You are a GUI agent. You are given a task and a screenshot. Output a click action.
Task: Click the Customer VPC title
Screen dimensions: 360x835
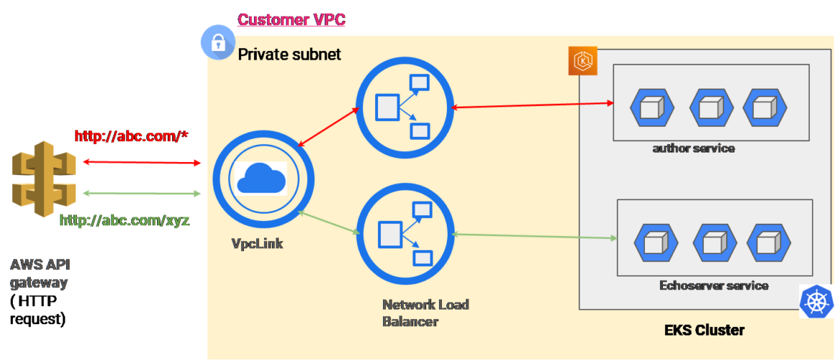point(292,19)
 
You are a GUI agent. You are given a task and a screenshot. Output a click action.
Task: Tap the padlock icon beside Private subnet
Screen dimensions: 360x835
point(217,43)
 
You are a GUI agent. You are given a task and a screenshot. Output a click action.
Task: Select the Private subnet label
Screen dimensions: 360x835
point(289,54)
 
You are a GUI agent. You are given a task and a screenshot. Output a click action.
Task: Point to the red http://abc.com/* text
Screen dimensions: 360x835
point(132,136)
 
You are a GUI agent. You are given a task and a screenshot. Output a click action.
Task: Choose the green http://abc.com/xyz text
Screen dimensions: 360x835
point(125,220)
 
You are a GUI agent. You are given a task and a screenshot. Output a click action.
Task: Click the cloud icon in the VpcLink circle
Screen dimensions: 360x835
point(258,177)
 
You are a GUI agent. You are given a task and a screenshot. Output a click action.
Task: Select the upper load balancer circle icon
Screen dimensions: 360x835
point(404,107)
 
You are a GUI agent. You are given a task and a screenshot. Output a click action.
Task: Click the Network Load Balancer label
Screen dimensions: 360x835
point(425,312)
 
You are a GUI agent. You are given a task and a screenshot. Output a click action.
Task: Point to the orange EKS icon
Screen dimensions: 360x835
point(582,61)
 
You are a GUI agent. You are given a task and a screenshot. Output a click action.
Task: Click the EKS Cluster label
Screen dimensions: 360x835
point(703,330)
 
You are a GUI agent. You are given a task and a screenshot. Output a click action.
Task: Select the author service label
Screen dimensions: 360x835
point(693,148)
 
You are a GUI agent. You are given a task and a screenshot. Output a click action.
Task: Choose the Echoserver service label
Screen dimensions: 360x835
point(713,285)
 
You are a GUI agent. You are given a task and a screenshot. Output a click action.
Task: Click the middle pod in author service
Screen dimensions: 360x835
point(711,107)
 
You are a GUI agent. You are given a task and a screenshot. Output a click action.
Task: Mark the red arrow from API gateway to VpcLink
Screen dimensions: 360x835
point(142,163)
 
